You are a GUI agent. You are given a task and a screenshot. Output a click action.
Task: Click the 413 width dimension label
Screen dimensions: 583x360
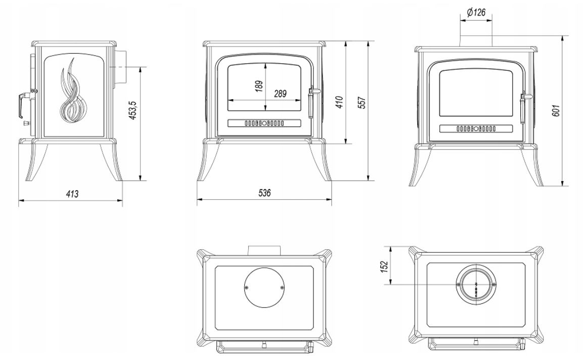pos(72,193)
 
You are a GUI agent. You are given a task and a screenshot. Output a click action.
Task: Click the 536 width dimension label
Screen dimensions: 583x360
pos(264,193)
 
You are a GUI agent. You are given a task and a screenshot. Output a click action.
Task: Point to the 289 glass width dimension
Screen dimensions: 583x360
pos(280,94)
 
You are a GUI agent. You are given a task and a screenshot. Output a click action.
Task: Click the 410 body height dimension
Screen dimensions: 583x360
pos(339,102)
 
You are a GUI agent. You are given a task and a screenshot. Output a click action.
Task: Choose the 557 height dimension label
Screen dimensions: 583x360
pos(363,103)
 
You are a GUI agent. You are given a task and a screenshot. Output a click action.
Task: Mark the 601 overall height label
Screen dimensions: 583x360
pos(556,110)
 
